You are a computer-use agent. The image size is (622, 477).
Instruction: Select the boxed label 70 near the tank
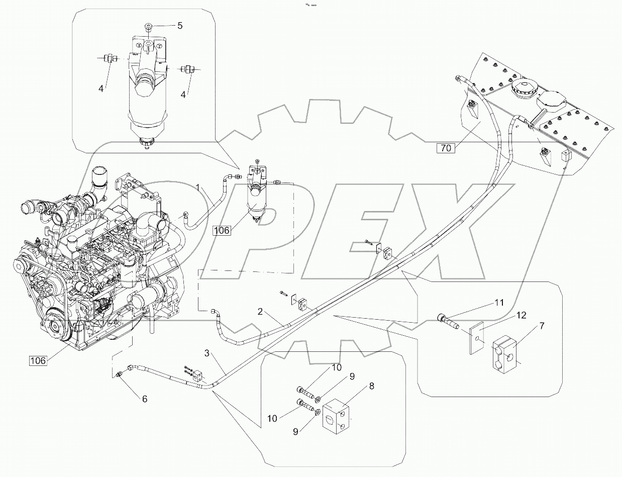click(x=446, y=148)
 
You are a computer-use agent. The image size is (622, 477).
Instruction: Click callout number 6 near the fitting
click(x=145, y=399)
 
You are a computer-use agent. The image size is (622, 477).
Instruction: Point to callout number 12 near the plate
click(x=521, y=316)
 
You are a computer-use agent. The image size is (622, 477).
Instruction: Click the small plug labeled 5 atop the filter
click(x=148, y=26)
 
